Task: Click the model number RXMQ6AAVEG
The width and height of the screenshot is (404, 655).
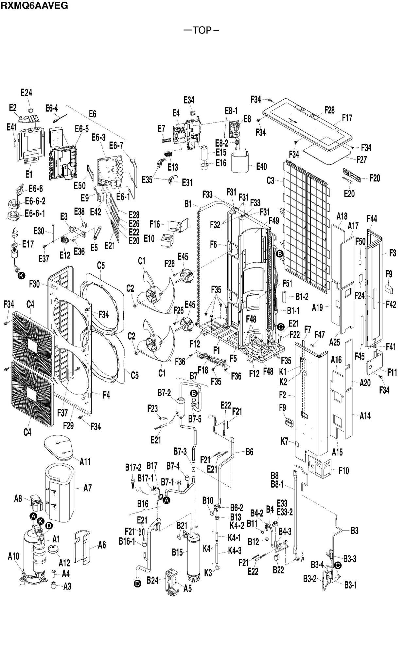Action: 34,5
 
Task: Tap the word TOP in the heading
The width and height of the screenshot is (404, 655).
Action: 202,30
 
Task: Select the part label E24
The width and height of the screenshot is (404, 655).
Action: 26,93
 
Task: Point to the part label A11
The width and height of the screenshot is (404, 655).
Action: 85,461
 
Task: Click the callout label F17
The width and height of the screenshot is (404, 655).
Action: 347,118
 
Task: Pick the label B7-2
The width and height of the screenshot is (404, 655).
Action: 164,393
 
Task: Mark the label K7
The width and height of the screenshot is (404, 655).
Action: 285,441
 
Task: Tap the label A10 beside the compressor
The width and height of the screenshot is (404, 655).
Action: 14,556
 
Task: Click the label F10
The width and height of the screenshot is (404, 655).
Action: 343,471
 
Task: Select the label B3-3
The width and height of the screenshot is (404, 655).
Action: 350,559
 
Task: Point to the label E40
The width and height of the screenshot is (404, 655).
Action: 261,167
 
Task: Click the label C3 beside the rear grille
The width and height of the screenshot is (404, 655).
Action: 271,180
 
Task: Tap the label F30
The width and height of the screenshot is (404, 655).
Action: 34,284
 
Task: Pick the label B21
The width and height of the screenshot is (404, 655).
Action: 182,526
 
